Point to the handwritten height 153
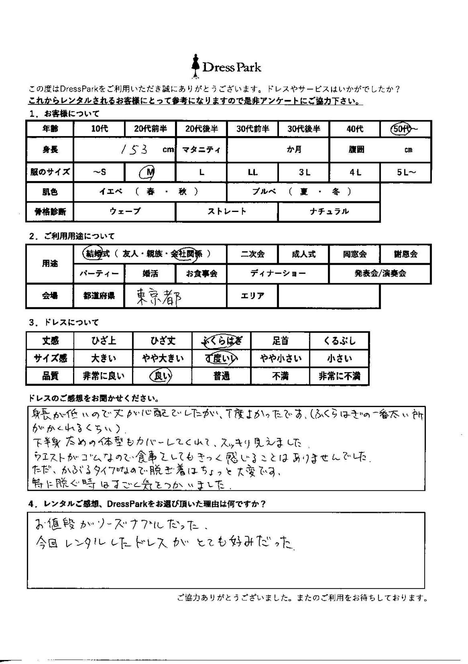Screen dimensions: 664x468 134,150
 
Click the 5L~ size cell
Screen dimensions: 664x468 406,172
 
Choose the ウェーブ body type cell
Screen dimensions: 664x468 125,212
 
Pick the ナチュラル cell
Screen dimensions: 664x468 329,212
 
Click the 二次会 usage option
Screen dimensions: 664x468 252,254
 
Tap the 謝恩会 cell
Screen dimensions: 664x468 406,254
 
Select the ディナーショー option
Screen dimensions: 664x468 278,273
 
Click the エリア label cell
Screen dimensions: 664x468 252,296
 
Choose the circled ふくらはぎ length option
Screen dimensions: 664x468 222,341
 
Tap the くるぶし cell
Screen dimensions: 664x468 339,341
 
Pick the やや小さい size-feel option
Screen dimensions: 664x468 280,359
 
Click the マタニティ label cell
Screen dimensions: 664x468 202,150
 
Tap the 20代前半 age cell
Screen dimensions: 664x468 150,129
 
